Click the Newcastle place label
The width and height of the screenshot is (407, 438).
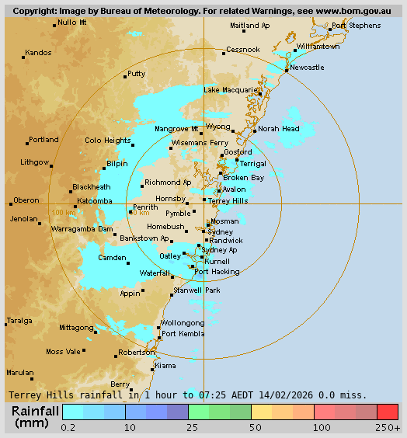(307, 68)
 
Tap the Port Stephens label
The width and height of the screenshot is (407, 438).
(356, 26)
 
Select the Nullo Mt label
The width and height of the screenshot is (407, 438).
(72, 23)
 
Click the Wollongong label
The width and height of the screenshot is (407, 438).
(182, 323)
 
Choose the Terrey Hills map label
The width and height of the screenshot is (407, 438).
(228, 200)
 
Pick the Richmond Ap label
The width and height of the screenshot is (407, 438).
(168, 182)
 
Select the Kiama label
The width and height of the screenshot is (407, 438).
(165, 366)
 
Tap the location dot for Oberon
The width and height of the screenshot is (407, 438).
(11, 203)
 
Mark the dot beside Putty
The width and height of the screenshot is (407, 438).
(125, 77)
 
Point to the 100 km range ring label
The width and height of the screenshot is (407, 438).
(63, 212)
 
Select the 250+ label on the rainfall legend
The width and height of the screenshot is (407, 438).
(388, 428)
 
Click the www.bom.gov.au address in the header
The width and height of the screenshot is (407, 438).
(347, 12)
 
